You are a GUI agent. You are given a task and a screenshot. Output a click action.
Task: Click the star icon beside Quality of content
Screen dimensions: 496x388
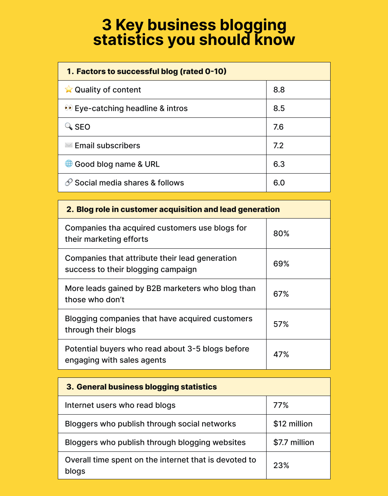pos(69,90)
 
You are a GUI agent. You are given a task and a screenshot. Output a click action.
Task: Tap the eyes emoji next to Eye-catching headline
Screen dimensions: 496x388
pos(69,108)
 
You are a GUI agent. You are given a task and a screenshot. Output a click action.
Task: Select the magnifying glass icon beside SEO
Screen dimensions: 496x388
pos(69,127)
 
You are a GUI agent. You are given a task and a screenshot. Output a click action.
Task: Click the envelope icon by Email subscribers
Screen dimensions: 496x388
pos(69,145)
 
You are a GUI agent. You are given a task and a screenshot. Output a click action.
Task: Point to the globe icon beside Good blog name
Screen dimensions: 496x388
pos(69,164)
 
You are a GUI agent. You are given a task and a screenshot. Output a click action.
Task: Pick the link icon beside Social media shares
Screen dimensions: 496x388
pos(69,183)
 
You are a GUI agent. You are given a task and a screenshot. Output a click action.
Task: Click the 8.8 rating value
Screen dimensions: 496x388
pos(279,90)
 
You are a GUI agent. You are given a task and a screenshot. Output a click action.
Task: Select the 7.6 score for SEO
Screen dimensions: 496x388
pos(279,127)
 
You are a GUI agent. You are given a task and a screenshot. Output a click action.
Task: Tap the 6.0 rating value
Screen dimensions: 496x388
pos(279,183)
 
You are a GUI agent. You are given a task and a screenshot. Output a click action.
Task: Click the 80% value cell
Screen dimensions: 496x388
pos(281,234)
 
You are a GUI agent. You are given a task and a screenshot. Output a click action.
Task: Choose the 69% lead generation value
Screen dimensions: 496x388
pos(281,264)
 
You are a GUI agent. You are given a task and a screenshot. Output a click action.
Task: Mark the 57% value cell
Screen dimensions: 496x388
pos(281,324)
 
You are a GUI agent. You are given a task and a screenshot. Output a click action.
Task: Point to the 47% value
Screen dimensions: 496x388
pos(281,355)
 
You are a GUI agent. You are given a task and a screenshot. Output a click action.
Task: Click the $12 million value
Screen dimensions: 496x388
pos(293,424)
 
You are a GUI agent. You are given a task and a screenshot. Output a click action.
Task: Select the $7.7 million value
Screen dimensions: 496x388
pos(294,443)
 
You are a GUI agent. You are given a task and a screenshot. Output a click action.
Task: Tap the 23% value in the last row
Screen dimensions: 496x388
pos(281,465)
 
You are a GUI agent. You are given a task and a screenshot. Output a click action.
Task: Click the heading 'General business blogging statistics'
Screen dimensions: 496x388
pos(147,387)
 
